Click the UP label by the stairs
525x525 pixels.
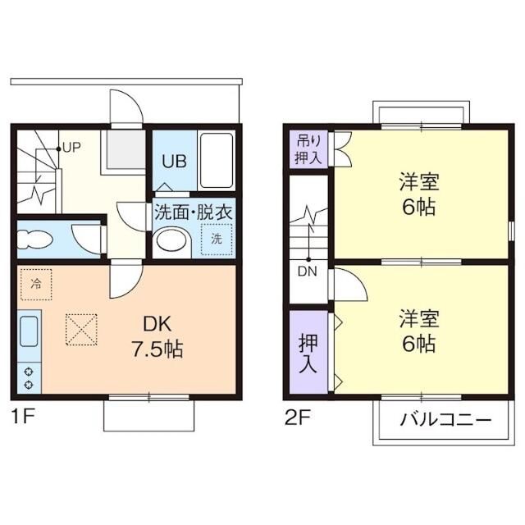click(x=71, y=148)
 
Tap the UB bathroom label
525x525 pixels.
click(x=174, y=162)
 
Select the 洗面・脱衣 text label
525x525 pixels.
click(x=194, y=211)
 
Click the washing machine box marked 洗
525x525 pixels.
click(x=217, y=239)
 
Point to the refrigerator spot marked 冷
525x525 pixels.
click(x=35, y=284)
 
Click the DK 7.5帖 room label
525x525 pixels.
click(x=157, y=336)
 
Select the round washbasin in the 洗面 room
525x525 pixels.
click(x=171, y=240)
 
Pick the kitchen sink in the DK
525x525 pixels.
click(x=29, y=333)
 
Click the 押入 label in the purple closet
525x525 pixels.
click(x=308, y=351)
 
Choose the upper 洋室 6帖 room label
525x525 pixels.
click(x=417, y=192)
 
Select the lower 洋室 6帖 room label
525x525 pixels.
click(x=417, y=331)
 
